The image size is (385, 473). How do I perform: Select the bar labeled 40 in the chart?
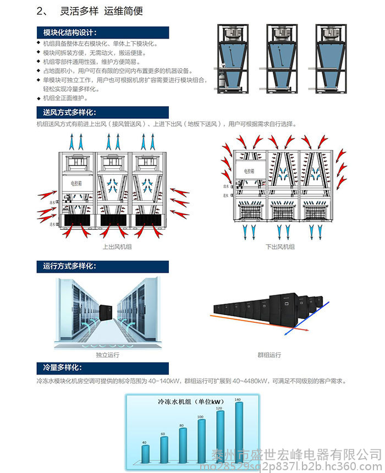tap(145, 453)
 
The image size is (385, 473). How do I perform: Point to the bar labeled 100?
tap(201, 439)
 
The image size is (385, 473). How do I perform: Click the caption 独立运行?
tap(107, 355)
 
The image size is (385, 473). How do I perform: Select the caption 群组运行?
tap(269, 355)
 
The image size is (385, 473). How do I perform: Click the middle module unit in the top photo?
tap(279, 58)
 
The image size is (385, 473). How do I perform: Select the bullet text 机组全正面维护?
tap(65, 98)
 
